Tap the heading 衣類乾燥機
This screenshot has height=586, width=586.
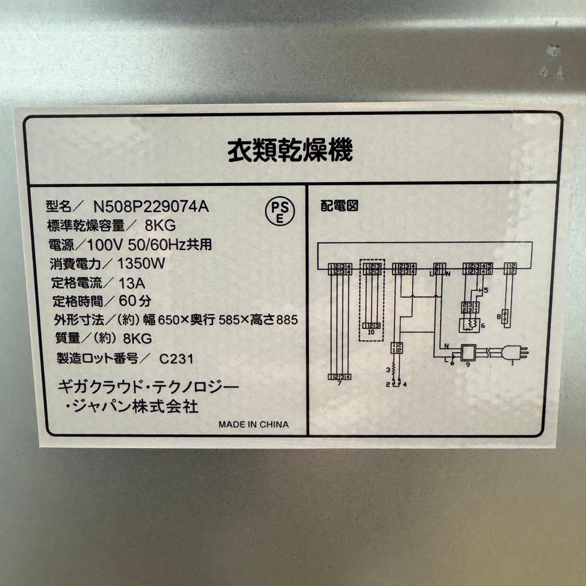pos(290,150)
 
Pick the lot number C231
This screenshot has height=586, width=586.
pos(176,359)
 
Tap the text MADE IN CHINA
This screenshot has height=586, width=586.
pos(253,424)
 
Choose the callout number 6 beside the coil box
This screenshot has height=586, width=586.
pos(482,325)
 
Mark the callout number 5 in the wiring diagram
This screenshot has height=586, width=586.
pos(486,291)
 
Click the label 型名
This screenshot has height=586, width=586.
pos(60,206)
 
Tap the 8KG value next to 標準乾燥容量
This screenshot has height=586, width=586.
pos(161,225)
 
